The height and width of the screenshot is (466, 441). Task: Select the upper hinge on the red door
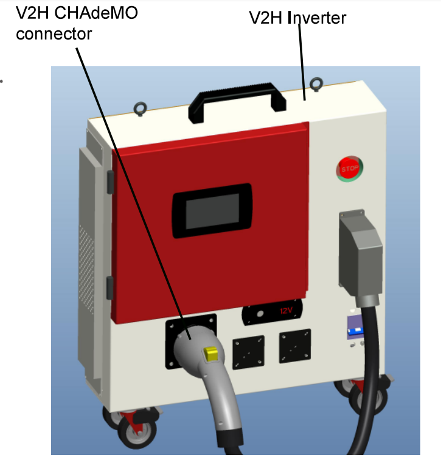pos(110,181)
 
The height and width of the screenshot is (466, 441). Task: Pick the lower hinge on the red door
pos(110,286)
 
